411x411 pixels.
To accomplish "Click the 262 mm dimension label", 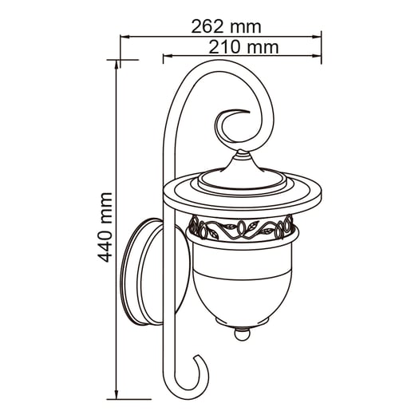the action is pos(226,27).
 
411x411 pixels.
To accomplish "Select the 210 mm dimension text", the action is pos(243,47).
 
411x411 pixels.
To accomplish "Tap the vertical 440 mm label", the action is pos(105,227).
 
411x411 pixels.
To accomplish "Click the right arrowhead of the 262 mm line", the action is pos(317,37).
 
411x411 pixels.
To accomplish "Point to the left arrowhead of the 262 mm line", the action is pos(125,37).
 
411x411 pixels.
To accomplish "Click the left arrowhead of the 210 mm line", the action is pos(168,56).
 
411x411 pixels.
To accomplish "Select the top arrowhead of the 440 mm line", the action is pos(117,65).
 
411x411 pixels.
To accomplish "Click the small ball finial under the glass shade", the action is pos(242,334).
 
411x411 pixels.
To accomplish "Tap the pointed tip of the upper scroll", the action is pos(249,111).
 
